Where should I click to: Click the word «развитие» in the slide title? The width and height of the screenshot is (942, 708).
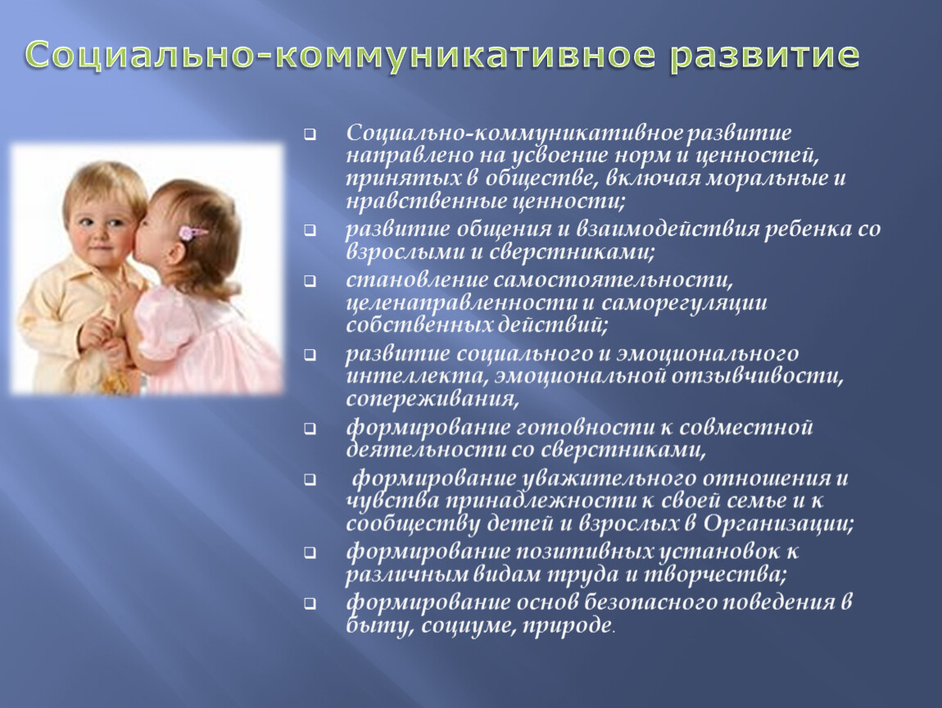[x=763, y=55]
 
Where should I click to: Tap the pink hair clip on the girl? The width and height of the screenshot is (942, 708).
[x=193, y=233]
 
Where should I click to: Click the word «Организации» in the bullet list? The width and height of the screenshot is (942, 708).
[x=778, y=524]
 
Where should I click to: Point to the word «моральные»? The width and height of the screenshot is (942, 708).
[x=765, y=179]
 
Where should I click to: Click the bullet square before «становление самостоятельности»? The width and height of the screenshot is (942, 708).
[x=310, y=281]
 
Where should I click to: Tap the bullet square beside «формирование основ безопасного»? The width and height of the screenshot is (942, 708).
[x=310, y=603]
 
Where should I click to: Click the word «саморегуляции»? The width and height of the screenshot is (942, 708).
[x=684, y=303]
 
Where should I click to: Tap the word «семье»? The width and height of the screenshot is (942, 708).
[x=756, y=501]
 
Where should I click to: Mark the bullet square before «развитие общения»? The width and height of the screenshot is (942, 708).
[x=310, y=230]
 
